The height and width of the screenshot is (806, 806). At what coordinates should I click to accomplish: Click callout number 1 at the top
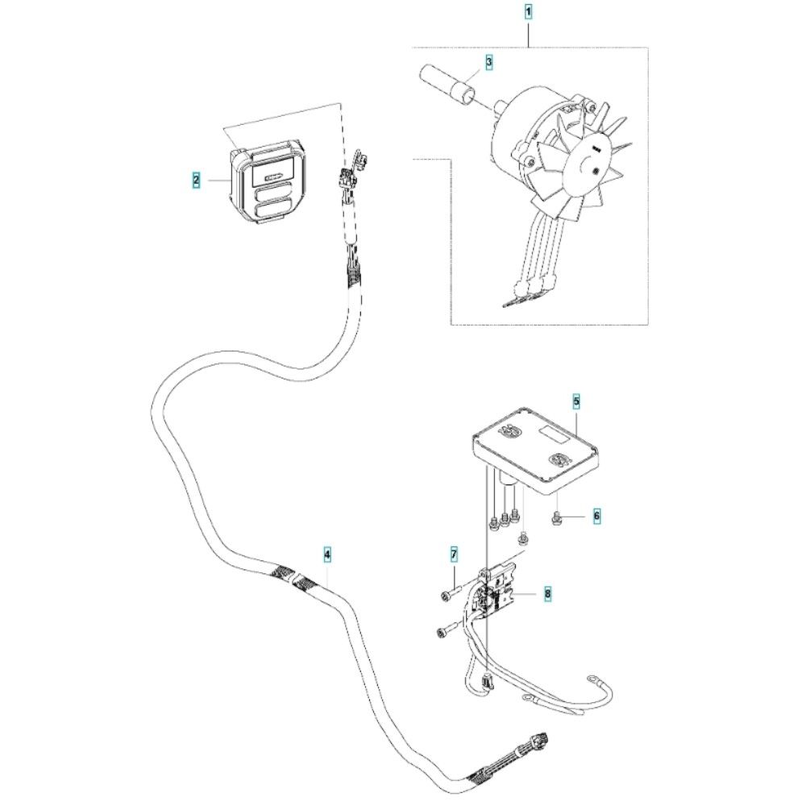click(x=528, y=11)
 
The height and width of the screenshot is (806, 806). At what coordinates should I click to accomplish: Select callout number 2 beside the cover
click(x=196, y=181)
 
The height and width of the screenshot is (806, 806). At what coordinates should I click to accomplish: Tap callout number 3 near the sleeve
click(x=489, y=61)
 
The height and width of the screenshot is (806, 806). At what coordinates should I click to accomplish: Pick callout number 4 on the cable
click(x=327, y=554)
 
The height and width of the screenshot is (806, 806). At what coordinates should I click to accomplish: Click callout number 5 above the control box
click(x=576, y=401)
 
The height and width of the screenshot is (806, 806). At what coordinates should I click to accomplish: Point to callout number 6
click(x=596, y=514)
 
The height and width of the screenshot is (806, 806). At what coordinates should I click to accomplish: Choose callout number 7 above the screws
click(x=454, y=554)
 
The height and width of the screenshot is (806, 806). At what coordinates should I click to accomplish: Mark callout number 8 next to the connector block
click(x=547, y=594)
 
